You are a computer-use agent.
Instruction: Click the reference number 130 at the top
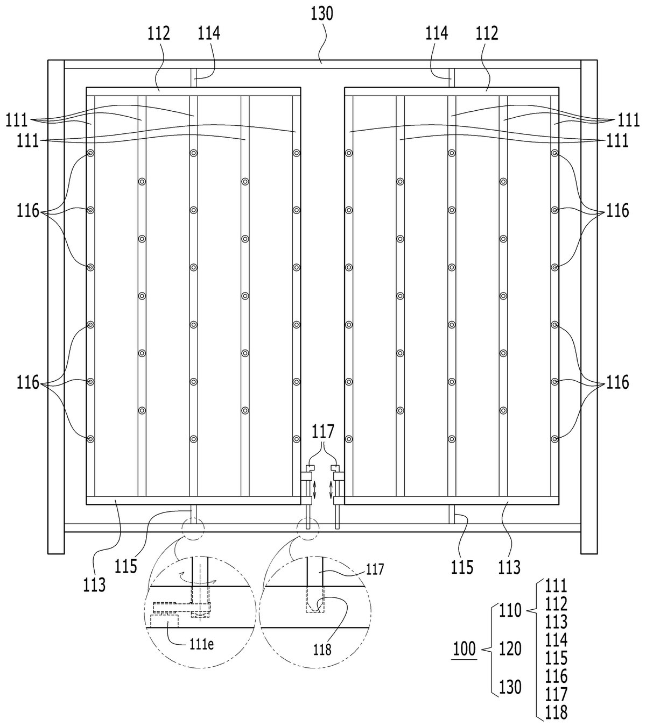pos(322,14)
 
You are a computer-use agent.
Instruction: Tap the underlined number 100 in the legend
pos(465,649)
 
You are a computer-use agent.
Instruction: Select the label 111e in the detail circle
pos(201,645)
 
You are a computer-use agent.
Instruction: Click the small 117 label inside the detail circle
pos(375,569)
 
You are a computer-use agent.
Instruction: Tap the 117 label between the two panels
pos(323,431)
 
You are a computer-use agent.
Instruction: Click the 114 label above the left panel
pos(209,33)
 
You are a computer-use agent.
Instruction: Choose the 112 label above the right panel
pos(487,33)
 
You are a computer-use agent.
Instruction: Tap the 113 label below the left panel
pos(95,585)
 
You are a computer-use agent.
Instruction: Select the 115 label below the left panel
pos(126,566)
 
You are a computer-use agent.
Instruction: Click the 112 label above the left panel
pos(158,33)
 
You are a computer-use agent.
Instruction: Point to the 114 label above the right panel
pos(437,33)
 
